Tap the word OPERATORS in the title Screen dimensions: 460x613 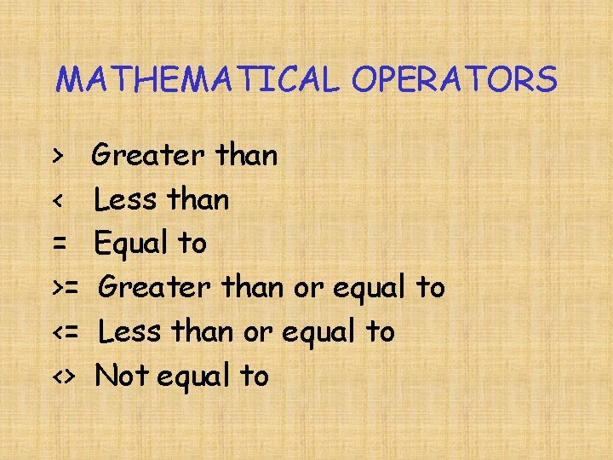[x=454, y=80]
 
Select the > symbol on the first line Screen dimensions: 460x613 [x=57, y=156]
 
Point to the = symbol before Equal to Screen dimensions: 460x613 [x=59, y=244]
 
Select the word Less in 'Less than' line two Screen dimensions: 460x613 [x=126, y=200]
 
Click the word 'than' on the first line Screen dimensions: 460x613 [x=247, y=156]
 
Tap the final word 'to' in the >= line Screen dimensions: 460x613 [x=430, y=288]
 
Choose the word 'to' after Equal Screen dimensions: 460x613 [x=192, y=244]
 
